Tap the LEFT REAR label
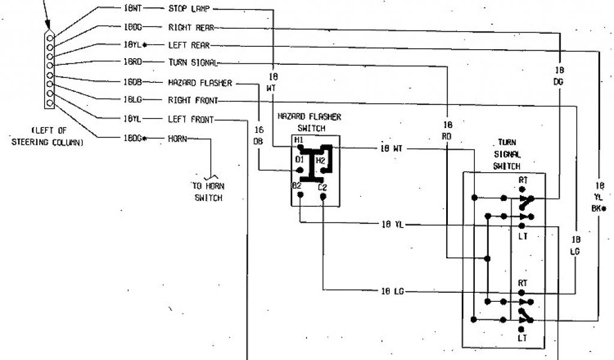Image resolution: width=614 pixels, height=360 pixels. click(189, 45)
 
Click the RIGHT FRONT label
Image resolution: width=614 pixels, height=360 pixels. click(192, 100)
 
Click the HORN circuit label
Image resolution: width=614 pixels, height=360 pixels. click(177, 139)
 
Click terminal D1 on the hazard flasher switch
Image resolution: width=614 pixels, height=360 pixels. click(299, 160)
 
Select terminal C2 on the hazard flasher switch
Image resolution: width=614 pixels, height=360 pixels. click(322, 187)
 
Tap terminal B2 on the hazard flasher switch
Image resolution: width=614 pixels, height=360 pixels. click(297, 186)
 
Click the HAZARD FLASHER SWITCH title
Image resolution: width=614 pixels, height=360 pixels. click(309, 122)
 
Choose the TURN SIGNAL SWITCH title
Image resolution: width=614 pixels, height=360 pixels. click(507, 154)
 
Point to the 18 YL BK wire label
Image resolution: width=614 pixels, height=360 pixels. click(600, 197)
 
